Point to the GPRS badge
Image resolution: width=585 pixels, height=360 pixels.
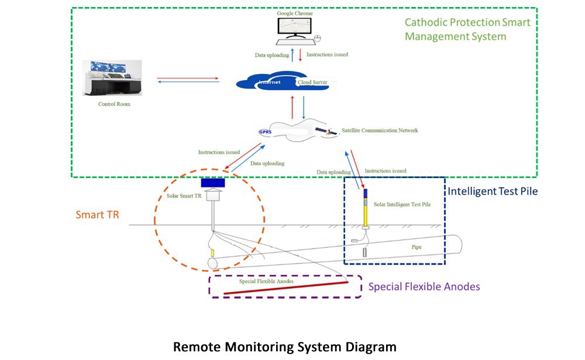[265, 132]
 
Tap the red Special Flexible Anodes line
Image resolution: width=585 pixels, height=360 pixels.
[281, 288]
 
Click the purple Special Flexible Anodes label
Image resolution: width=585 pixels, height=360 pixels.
[424, 287]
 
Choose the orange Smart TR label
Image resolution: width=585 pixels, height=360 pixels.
[98, 214]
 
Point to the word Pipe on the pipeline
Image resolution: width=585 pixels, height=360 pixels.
[416, 247]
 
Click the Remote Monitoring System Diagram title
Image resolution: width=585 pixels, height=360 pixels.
[284, 347]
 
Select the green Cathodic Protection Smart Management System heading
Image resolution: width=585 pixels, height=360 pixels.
[467, 29]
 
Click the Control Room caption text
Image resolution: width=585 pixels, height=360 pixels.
[115, 104]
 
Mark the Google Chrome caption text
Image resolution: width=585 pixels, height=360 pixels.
[295, 12]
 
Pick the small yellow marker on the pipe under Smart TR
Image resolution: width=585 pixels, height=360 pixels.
[213, 253]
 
